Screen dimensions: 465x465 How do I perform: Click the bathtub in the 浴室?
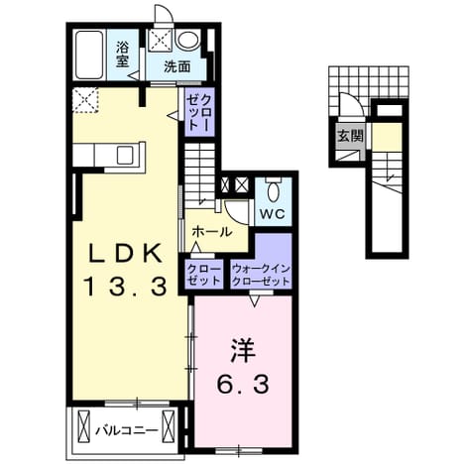(89, 55)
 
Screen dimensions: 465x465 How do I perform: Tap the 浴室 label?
(122, 55)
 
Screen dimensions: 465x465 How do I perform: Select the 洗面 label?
(177, 67)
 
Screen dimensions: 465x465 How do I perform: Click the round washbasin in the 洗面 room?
(187, 41)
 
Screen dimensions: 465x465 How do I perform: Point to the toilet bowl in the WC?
(273, 192)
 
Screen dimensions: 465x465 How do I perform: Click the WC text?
(273, 214)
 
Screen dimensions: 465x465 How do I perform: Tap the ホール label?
(212, 232)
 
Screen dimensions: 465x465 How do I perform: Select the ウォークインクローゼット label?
(261, 275)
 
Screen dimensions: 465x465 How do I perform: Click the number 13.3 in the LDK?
(126, 287)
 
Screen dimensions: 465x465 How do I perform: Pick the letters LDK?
(126, 253)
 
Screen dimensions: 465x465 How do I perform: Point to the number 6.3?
(243, 384)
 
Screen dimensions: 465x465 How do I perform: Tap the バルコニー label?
(126, 430)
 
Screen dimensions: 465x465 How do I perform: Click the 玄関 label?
(350, 136)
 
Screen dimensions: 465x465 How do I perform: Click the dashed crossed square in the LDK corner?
(85, 100)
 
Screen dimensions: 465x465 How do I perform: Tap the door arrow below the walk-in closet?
(254, 301)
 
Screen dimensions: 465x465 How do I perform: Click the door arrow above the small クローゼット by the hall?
(196, 247)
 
